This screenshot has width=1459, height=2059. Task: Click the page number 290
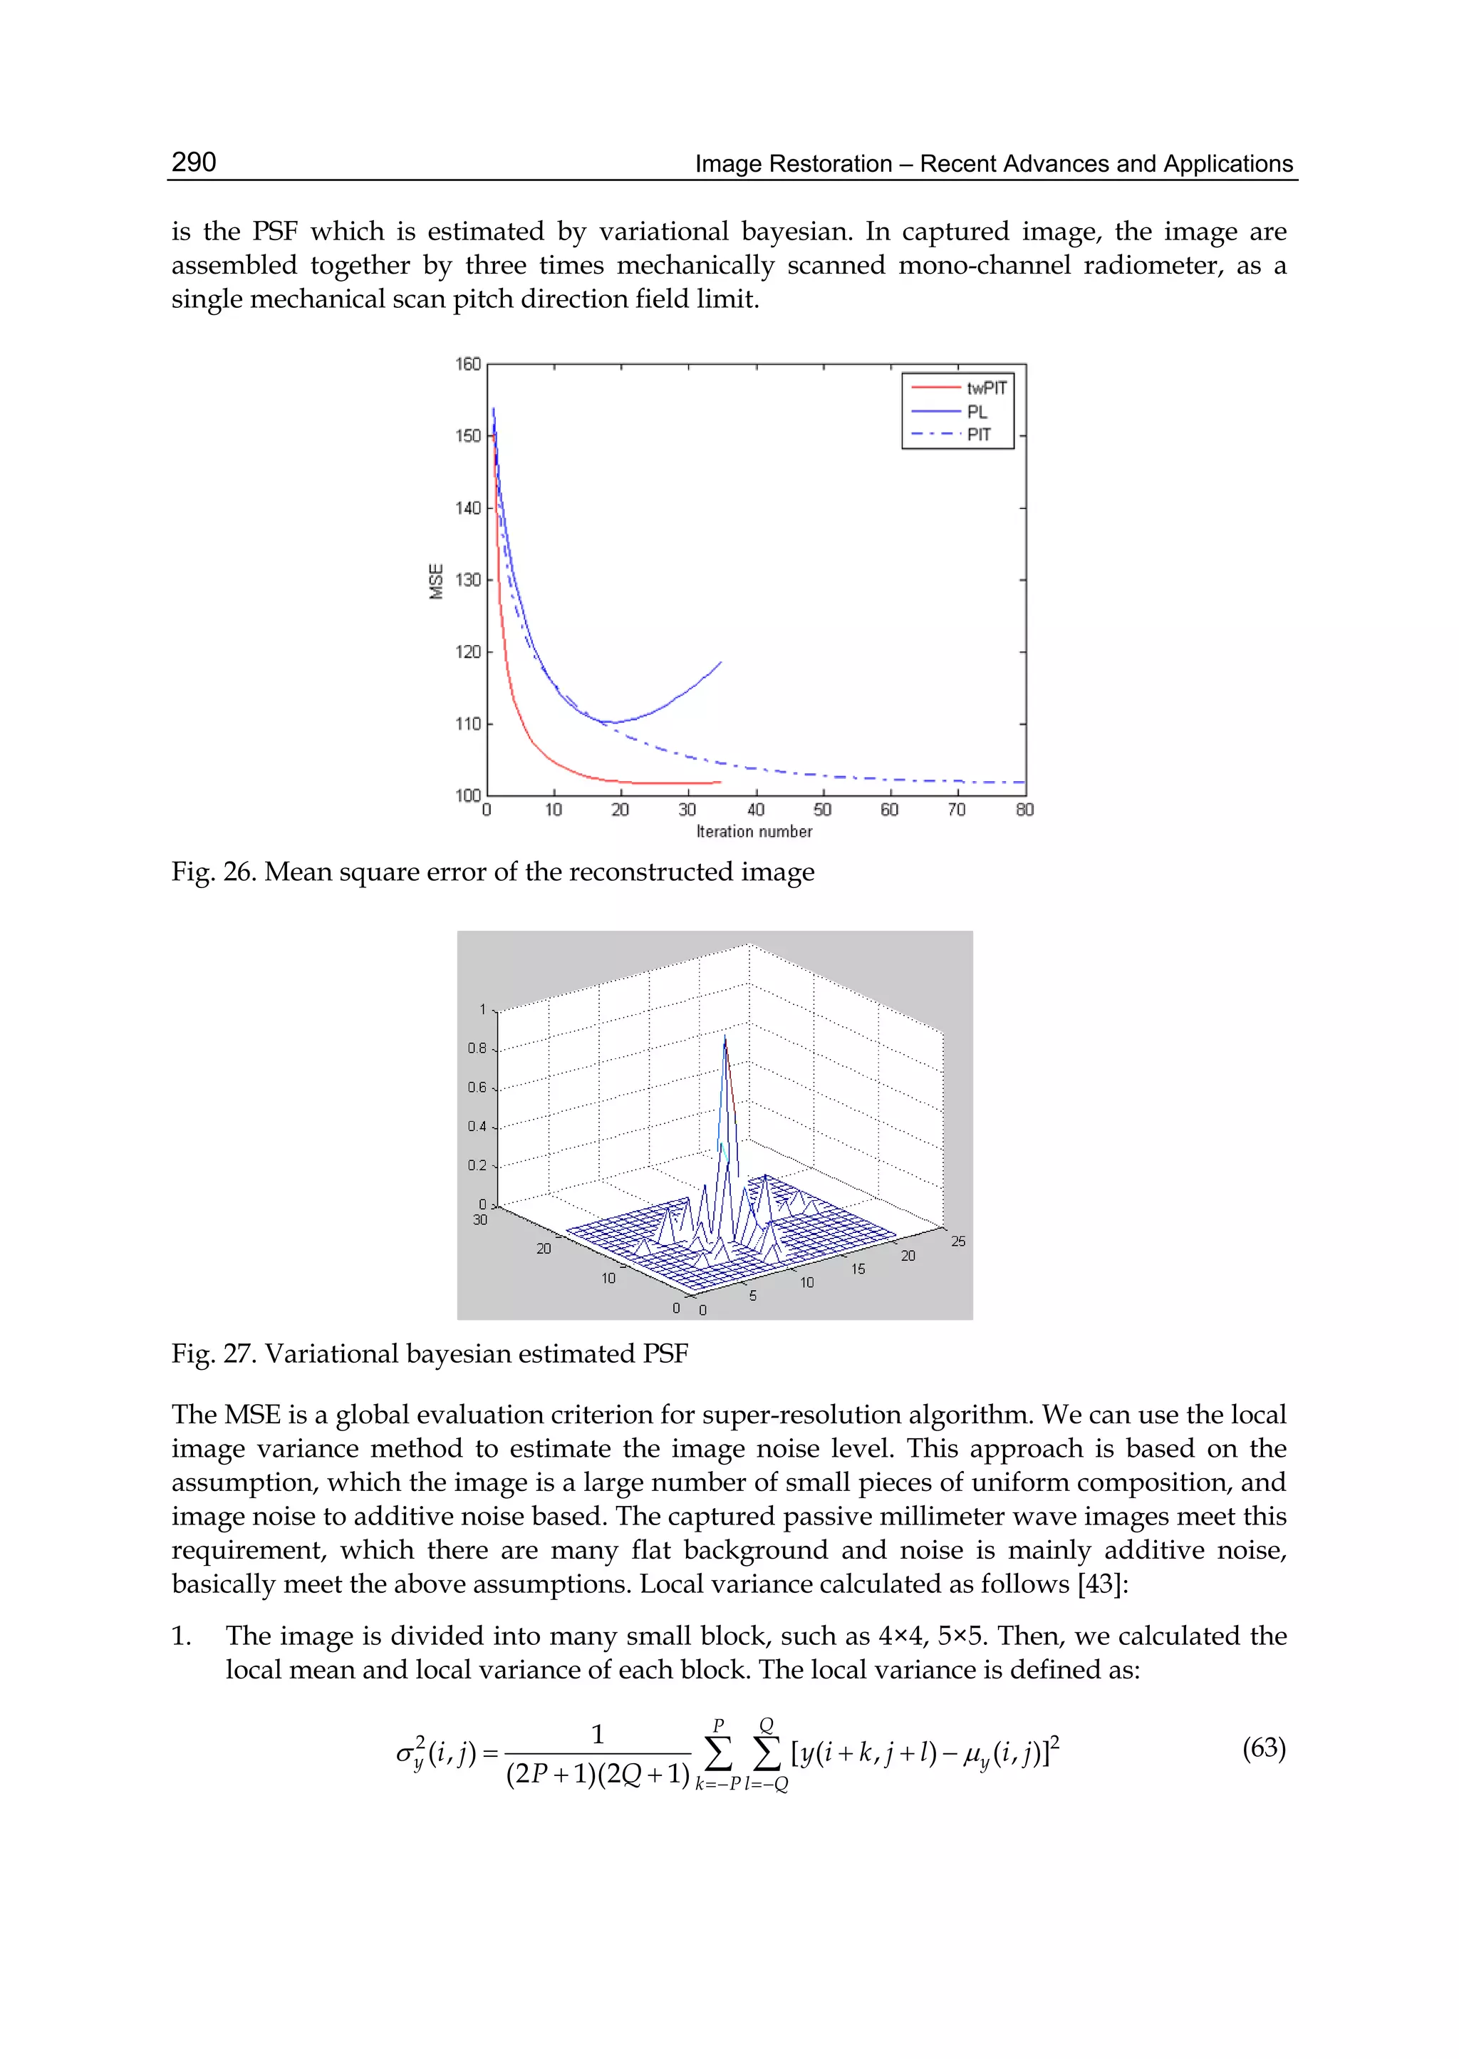[193, 162]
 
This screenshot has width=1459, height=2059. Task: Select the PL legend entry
[977, 412]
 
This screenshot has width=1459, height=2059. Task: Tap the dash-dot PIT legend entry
[978, 434]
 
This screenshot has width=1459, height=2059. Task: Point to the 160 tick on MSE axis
[468, 364]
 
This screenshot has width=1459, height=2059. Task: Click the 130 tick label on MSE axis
[468, 579]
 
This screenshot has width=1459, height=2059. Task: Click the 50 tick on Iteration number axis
[822, 810]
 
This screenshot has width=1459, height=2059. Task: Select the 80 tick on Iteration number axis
[1024, 810]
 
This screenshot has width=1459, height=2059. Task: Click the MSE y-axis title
[437, 581]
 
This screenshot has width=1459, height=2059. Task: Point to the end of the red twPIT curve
[720, 782]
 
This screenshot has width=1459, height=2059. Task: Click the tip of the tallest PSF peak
[725, 1036]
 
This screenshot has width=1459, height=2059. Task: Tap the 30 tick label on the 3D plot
[479, 1219]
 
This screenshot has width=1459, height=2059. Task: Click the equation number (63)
[1263, 1748]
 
